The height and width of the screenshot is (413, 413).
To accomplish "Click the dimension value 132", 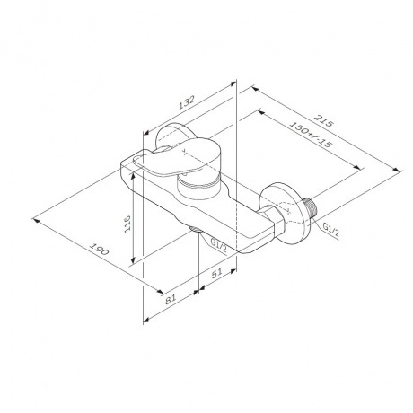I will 186,105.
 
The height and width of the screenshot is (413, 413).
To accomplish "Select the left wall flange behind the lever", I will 163,137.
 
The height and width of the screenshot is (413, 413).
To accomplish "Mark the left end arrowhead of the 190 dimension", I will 35,216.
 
